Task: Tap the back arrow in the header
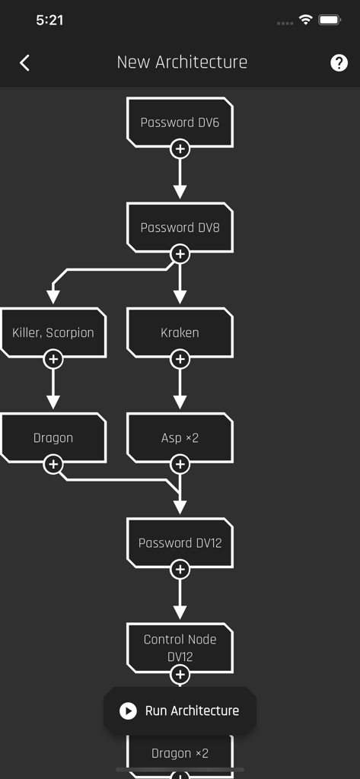point(24,62)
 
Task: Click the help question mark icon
point(339,62)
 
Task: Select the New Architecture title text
point(182,62)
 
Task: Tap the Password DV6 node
point(180,122)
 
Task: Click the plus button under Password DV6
point(180,149)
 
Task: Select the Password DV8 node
point(180,227)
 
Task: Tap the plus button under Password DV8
point(180,254)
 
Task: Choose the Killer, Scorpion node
point(53,332)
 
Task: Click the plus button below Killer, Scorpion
point(53,359)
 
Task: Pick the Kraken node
point(180,332)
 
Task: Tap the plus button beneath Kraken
point(180,359)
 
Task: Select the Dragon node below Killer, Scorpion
point(53,437)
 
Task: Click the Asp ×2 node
point(180,437)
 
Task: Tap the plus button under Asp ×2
point(180,464)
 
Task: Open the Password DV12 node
point(180,542)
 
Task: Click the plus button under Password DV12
point(180,569)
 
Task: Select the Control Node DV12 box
point(180,647)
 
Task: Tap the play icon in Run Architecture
point(128,711)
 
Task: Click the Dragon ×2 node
point(180,752)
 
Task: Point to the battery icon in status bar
point(330,20)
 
